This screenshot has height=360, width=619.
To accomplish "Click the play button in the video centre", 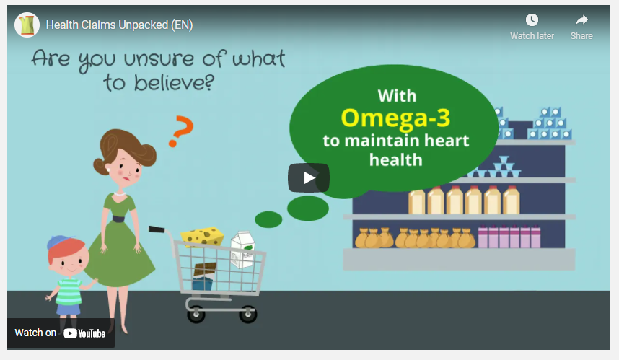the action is (309, 177).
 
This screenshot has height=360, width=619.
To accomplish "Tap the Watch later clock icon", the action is (532, 19).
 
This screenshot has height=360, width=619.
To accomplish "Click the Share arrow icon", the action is (581, 19).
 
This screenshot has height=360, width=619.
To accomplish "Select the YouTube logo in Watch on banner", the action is (84, 333).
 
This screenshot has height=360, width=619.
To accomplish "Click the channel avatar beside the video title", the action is (27, 25).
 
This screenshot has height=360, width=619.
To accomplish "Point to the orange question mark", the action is (181, 131).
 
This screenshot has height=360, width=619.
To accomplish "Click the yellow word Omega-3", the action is (395, 118).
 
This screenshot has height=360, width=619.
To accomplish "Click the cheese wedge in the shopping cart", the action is (203, 236).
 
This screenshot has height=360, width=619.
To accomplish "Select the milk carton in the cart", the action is (242, 250).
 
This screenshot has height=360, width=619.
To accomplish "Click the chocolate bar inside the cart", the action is (205, 271).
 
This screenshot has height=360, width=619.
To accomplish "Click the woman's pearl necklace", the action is (119, 194).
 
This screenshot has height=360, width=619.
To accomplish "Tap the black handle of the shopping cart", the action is (157, 229).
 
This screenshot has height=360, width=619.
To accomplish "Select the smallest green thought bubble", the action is (268, 219).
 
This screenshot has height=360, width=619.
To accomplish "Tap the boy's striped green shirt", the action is (69, 291).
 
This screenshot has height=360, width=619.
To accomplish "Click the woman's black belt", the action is (118, 219).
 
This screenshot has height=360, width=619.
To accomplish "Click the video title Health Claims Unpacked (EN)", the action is (119, 25).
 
